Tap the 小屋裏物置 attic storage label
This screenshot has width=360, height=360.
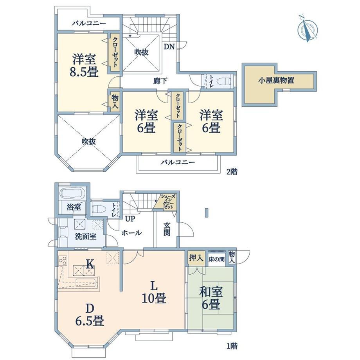tap(276, 81)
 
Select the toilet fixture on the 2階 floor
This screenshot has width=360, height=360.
tap(224, 81)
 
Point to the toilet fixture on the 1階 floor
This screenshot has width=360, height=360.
tap(99, 209)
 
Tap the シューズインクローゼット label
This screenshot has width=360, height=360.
tap(168, 202)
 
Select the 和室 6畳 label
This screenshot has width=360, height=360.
tap(211, 298)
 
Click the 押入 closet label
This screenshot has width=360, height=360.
tap(196, 258)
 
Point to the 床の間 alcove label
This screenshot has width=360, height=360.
tap(216, 259)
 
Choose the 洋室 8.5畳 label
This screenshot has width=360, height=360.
tap(84, 65)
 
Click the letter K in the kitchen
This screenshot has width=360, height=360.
tap(90, 265)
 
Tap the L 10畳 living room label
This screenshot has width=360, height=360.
tap(154, 293)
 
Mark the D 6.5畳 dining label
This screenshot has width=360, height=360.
tap(90, 315)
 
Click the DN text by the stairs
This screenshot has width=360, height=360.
tap(169, 47)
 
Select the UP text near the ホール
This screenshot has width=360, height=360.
tap(130, 219)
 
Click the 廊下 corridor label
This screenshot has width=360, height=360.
tap(160, 81)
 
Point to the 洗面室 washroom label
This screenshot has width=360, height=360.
tap(86, 236)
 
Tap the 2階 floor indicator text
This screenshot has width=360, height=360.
tap(232, 171)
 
